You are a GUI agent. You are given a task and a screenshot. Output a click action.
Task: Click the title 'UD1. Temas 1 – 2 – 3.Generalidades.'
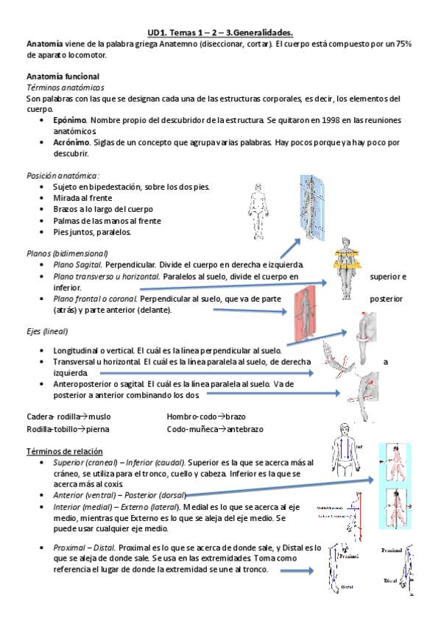click(x=220, y=32)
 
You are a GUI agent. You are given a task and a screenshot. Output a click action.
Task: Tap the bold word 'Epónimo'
click(x=70, y=118)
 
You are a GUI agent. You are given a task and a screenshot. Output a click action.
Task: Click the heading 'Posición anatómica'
click(x=62, y=176)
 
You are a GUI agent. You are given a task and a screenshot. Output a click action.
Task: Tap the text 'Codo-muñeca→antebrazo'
click(x=214, y=428)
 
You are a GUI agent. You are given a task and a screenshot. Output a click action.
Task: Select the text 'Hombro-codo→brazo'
click(x=206, y=416)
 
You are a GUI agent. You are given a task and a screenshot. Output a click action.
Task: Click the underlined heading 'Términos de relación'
click(x=64, y=450)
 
